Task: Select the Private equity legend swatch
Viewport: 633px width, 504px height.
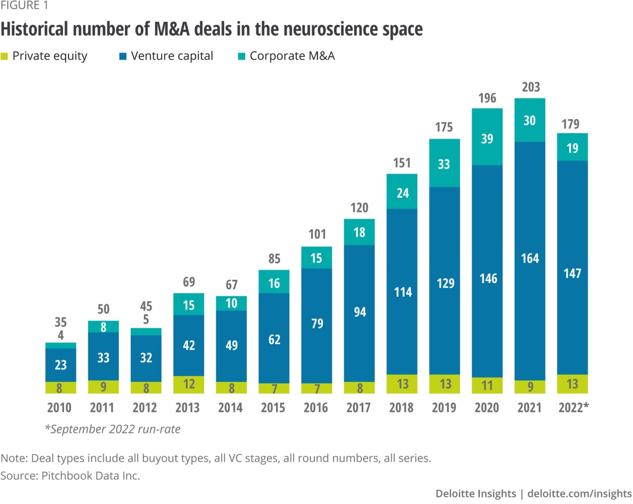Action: coord(5,56)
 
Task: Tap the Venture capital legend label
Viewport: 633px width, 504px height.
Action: coord(172,56)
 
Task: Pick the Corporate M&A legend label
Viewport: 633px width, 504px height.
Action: coord(292,56)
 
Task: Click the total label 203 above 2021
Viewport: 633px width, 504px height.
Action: coord(530,87)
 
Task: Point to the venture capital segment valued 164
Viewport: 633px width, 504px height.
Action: coord(530,259)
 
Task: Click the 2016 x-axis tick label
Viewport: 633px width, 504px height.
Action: coord(316,408)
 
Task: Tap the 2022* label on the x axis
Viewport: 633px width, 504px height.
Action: coord(573,408)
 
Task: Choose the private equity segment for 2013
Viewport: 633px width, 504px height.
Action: coord(189,384)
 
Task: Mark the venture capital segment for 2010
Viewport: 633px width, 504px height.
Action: coord(61,365)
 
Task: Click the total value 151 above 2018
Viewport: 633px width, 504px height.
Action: coord(402,163)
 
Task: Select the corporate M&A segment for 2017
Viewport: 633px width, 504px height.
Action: coord(359,232)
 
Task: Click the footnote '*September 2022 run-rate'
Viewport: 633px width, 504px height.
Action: coord(113,429)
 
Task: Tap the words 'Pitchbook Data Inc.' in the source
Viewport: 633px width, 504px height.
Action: coord(91,476)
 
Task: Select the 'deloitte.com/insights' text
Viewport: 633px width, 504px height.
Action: coord(579,493)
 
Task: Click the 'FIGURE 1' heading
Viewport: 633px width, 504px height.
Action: coord(24,5)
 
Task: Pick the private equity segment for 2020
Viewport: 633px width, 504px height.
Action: coord(487,386)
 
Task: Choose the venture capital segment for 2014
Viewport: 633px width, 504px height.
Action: coord(232,345)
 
